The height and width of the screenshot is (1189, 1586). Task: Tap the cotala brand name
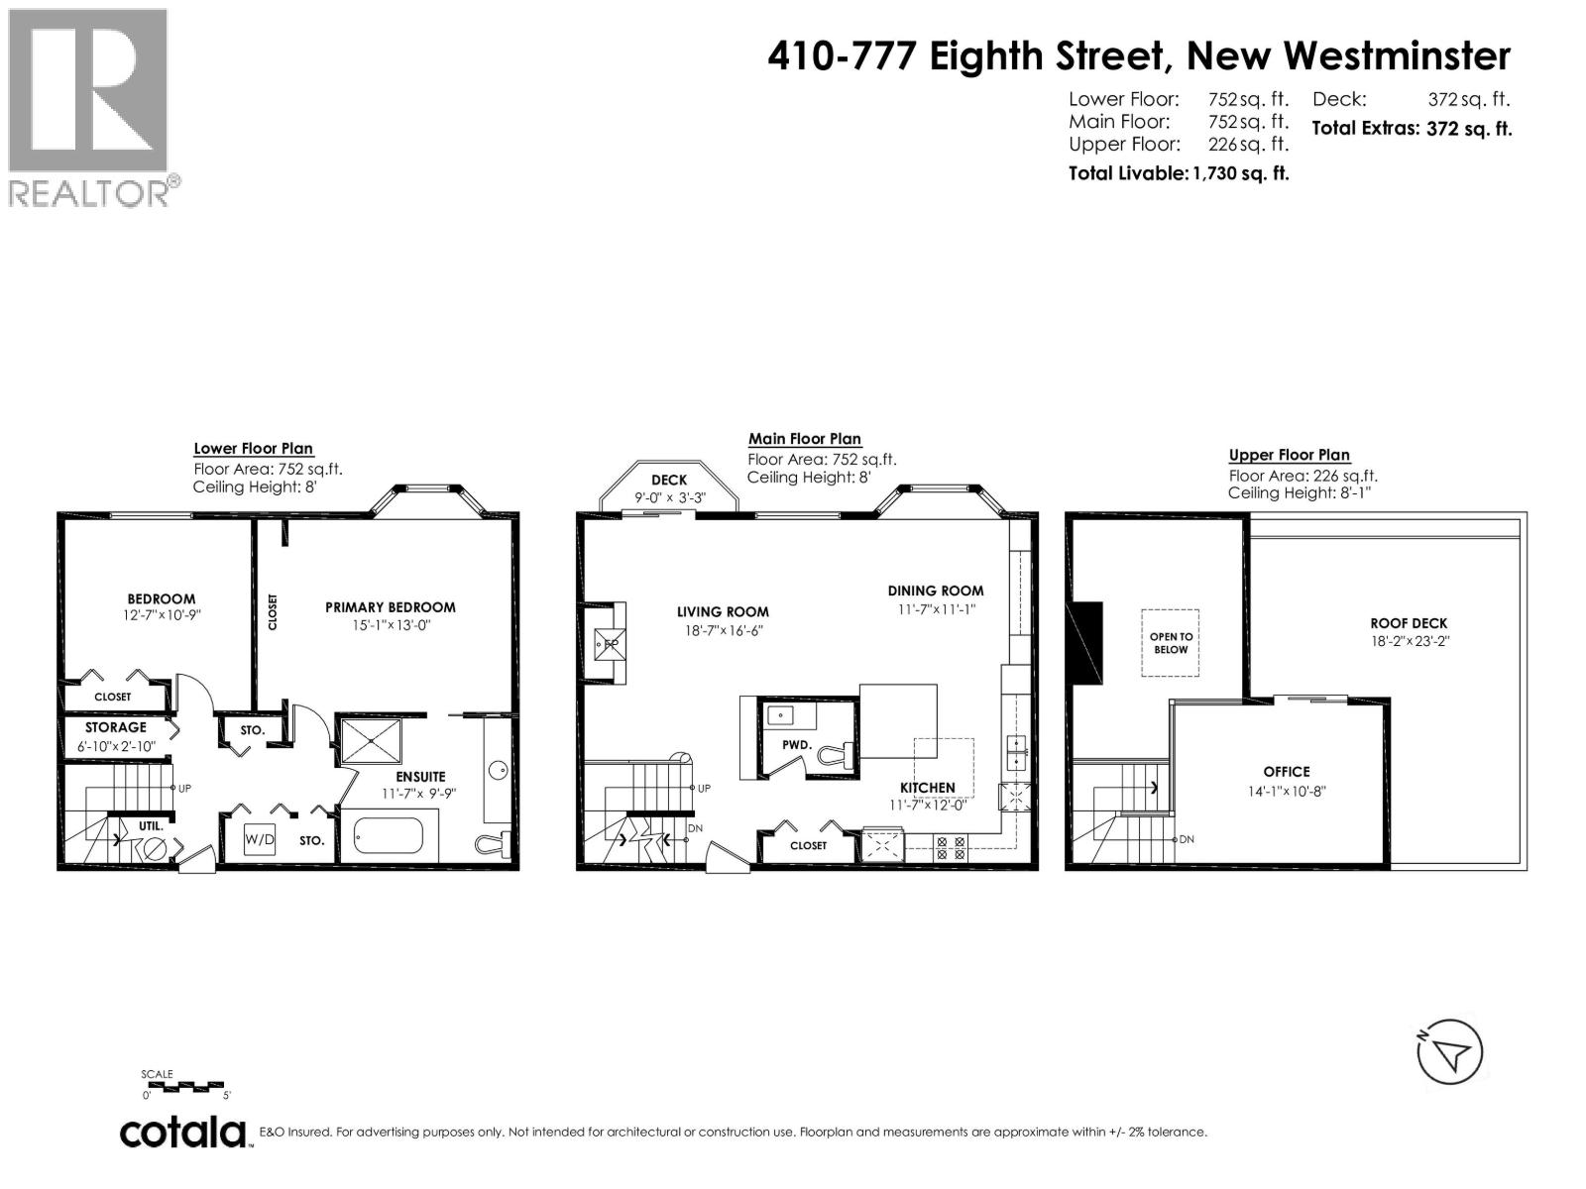click(x=183, y=1132)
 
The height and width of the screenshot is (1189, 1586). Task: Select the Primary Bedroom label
click(x=390, y=607)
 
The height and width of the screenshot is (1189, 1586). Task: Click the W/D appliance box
click(x=260, y=839)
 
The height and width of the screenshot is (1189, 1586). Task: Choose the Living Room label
click(x=723, y=611)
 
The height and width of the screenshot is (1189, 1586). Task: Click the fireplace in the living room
click(x=605, y=643)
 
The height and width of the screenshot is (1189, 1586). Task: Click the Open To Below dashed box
click(x=1171, y=643)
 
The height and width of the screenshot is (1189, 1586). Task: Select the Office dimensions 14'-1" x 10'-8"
click(x=1287, y=792)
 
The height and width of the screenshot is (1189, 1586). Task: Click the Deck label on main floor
click(x=669, y=480)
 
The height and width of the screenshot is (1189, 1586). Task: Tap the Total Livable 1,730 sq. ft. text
click(x=1178, y=173)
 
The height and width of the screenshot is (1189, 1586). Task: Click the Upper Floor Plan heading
click(x=1289, y=455)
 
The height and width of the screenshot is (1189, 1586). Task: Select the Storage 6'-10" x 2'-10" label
click(x=116, y=736)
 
